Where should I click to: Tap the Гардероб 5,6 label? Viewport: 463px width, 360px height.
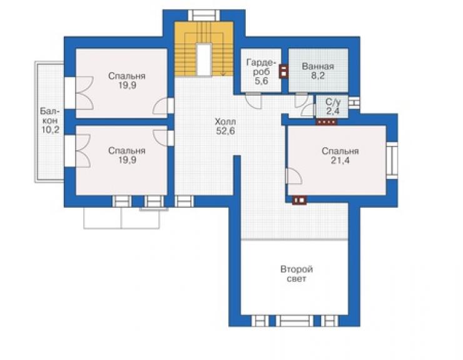pyautogui.click(x=261, y=71)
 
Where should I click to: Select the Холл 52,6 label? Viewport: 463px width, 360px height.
pyautogui.click(x=225, y=126)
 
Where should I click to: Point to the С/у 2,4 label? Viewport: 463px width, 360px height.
pyautogui.click(x=333, y=106)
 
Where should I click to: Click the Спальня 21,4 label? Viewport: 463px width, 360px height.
pyautogui.click(x=340, y=156)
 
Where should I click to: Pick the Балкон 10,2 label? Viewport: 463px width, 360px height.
pyautogui.click(x=49, y=121)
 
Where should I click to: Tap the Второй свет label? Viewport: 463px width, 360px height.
pyautogui.click(x=297, y=274)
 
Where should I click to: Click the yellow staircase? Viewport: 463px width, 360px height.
pyautogui.click(x=204, y=49)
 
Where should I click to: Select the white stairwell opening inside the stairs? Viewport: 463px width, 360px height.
pyautogui.click(x=204, y=59)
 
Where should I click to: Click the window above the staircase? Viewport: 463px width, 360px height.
pyautogui.click(x=204, y=16)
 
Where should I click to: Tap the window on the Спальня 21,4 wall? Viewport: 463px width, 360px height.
pyautogui.click(x=392, y=160)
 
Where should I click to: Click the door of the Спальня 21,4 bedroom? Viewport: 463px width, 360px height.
pyautogui.click(x=293, y=176)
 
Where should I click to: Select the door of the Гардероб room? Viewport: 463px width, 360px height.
pyautogui.click(x=254, y=101)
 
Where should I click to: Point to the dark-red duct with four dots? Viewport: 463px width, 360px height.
pyautogui.click(x=327, y=121)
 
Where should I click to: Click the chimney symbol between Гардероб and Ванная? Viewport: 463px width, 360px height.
pyautogui.click(x=284, y=71)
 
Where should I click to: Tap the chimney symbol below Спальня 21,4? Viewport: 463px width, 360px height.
pyautogui.click(x=300, y=200)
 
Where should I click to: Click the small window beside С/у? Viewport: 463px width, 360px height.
pyautogui.click(x=354, y=103)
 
